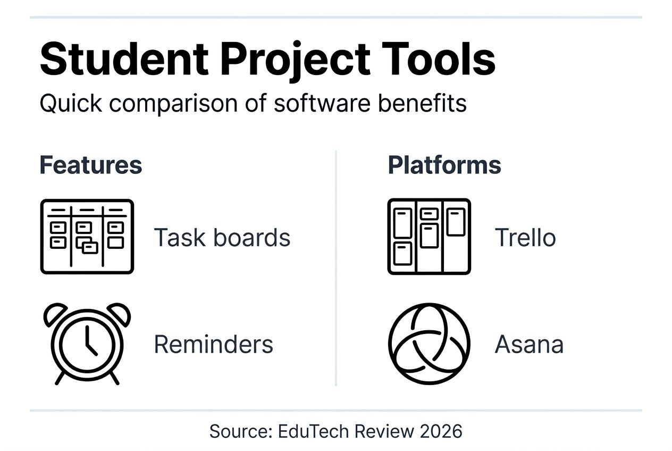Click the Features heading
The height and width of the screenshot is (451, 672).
91,165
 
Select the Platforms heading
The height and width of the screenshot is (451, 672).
444,165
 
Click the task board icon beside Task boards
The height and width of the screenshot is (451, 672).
87,237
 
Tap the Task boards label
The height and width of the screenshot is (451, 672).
222,238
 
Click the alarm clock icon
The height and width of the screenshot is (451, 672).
87,343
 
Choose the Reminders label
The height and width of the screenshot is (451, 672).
213,344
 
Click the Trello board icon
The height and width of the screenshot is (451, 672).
429,237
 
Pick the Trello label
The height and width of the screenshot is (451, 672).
525,238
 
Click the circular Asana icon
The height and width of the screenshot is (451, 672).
429,343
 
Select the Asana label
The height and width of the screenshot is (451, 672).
529,344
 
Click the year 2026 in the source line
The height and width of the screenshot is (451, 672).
441,431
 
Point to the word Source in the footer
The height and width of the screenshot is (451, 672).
240,431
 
